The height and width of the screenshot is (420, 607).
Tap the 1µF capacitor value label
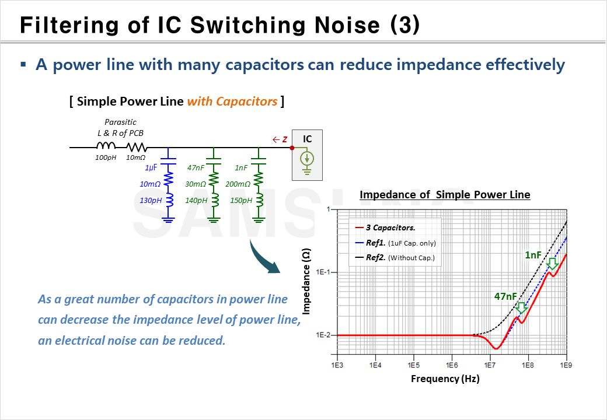pyautogui.click(x=152, y=168)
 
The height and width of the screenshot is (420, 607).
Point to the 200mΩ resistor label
pyautogui.click(x=238, y=184)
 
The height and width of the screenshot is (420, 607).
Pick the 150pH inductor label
pyautogui.click(x=240, y=201)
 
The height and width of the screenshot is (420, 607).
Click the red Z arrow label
pyautogui.click(x=280, y=139)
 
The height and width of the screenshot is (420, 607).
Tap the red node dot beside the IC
pyautogui.click(x=292, y=148)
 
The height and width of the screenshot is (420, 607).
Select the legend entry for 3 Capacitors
pyautogui.click(x=390, y=228)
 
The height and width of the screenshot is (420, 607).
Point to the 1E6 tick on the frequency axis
pyautogui.click(x=451, y=365)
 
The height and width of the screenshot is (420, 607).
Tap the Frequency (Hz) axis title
pyautogui.click(x=445, y=379)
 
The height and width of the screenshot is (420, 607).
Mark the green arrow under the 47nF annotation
pyautogui.click(x=521, y=307)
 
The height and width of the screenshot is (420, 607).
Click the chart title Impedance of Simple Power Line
pyautogui.click(x=445, y=195)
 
